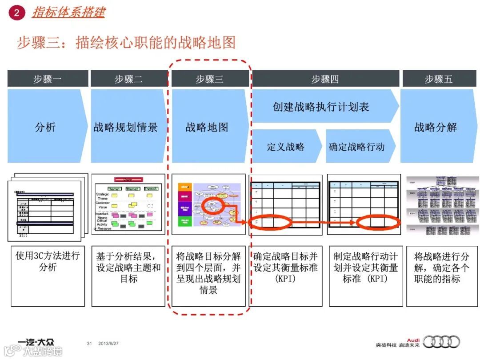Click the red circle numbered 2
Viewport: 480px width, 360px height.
[16, 13]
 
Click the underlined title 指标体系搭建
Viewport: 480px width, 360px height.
[68, 12]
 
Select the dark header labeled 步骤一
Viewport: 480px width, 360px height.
[47, 79]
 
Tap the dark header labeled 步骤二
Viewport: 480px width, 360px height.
[128, 79]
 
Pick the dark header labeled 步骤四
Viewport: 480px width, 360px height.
[325, 79]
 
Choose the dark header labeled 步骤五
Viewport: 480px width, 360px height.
[438, 79]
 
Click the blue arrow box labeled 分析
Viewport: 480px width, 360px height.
[45, 127]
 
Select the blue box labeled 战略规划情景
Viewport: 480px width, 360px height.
[126, 127]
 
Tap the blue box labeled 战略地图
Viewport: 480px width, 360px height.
[207, 127]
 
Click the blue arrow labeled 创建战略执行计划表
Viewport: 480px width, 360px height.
[321, 107]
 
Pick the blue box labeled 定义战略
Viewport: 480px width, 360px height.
[285, 147]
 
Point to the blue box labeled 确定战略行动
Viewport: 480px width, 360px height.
[357, 147]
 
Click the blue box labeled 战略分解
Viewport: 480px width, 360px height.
[436, 127]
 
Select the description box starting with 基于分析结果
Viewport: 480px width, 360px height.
[128, 276]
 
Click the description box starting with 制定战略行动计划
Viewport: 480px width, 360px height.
[366, 276]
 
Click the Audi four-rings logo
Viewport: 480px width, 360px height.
[442, 342]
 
